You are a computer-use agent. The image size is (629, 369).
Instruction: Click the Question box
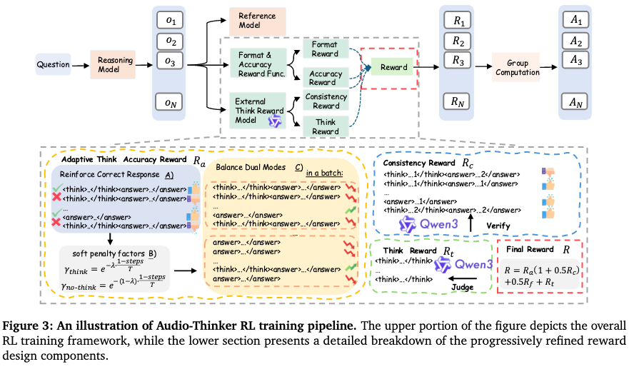click(52, 65)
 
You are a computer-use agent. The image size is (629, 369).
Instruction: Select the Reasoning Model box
click(112, 65)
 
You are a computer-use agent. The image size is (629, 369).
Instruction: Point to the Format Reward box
click(325, 49)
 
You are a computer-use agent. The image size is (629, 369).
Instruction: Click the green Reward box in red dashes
click(393, 68)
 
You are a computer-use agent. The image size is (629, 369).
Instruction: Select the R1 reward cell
click(459, 19)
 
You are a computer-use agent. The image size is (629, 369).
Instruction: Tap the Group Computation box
click(517, 68)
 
